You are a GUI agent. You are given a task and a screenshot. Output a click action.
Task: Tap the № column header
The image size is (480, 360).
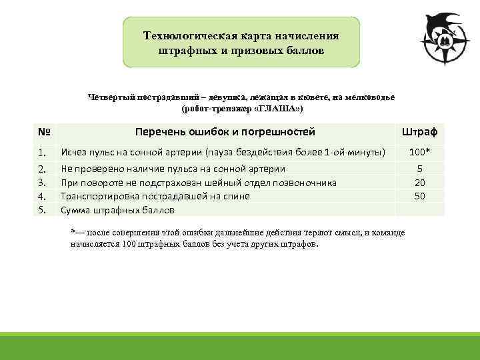[45, 132]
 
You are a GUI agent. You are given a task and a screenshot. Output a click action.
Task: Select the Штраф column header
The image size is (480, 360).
[419, 132]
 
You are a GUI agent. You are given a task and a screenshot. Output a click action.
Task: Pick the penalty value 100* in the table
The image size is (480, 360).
[420, 153]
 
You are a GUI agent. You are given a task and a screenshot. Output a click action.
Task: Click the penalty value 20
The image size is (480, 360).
[420, 183]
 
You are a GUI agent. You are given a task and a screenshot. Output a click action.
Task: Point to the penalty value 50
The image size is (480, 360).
[420, 196]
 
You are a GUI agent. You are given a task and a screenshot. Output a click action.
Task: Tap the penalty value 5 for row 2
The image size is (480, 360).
[420, 169]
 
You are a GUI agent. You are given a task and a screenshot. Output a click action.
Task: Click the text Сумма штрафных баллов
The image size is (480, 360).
[117, 210]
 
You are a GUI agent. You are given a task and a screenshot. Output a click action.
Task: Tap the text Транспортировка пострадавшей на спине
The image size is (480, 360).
[155, 196]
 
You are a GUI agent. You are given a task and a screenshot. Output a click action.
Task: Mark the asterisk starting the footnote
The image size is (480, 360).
[73, 231]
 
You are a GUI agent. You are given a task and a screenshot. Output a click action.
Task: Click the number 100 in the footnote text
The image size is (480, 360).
[130, 244]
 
